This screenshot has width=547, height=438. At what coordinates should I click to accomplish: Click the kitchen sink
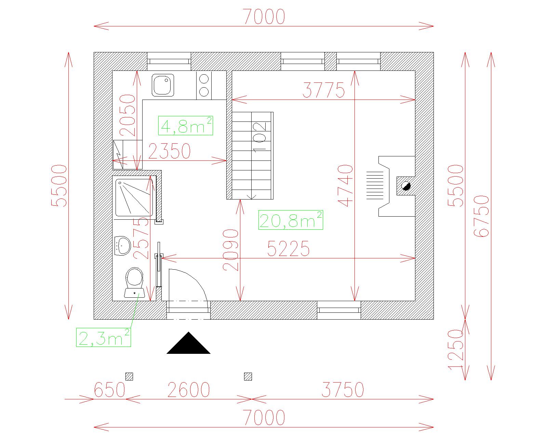point(163,85)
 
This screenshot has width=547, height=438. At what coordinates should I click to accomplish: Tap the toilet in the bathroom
point(134,283)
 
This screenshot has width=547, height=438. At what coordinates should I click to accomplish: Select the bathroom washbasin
point(122,246)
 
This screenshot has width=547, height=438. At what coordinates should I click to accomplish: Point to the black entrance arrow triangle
point(188,343)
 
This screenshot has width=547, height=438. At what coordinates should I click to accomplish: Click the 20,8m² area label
point(291,220)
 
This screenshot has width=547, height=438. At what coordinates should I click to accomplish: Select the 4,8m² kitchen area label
point(186,126)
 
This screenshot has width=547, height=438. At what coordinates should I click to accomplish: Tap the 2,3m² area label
point(104,337)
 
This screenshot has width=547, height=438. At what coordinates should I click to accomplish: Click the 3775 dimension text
point(323,90)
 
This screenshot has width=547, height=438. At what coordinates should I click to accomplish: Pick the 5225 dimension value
point(288,248)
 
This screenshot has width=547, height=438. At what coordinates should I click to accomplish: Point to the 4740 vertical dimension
point(345,185)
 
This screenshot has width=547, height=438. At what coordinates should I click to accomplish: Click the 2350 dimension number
point(169,151)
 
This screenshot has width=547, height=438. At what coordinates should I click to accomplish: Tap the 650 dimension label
point(109,390)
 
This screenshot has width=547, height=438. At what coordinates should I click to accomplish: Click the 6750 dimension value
point(481,216)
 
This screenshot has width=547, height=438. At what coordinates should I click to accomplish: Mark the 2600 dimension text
point(189,390)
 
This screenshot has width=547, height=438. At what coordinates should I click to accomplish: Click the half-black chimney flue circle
point(406,186)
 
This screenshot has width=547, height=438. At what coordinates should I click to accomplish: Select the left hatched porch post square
point(129,376)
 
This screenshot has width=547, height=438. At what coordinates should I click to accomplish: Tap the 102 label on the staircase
point(259,138)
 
